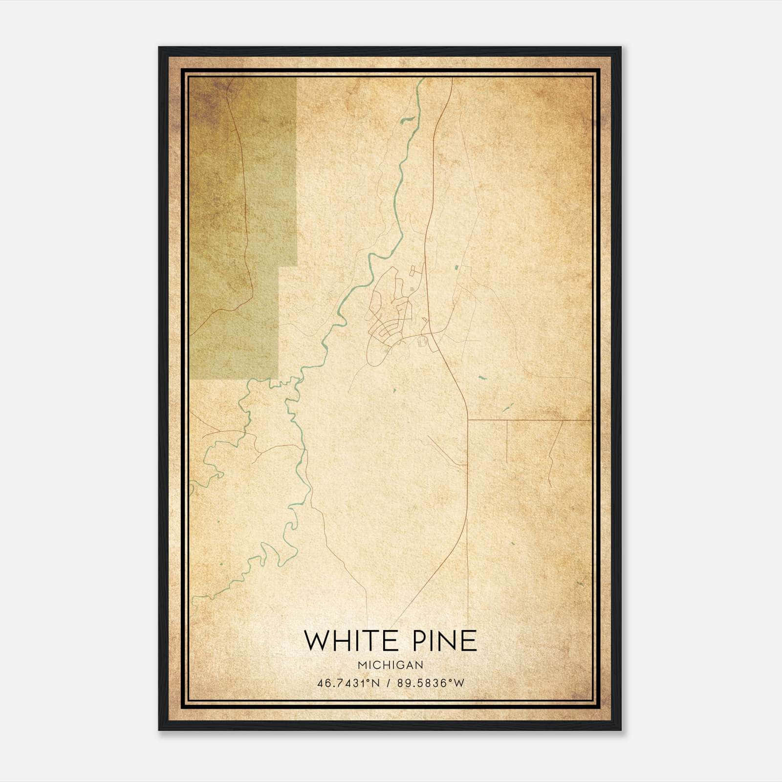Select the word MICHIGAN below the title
coord(390,665)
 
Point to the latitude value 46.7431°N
coord(348,683)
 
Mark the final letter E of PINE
coord(469,641)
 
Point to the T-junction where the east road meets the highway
coord(468,419)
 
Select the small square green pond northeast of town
coord(457,267)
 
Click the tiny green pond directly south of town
coord(394,390)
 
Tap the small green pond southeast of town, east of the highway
coord(483,377)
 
